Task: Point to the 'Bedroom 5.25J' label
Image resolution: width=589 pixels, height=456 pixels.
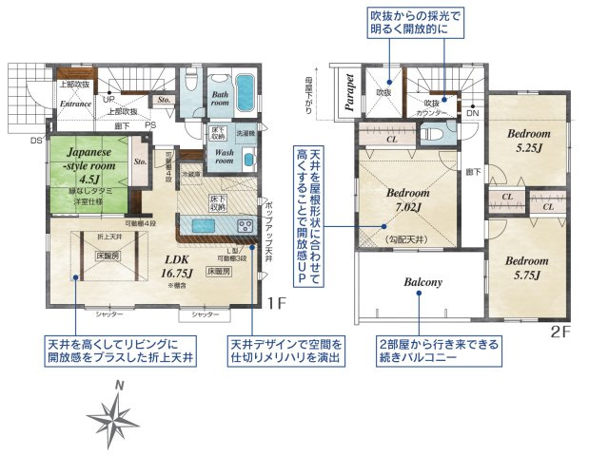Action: (x=523, y=141)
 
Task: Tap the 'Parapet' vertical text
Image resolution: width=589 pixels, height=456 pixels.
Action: (x=350, y=92)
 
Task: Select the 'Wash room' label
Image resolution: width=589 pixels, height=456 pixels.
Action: (x=225, y=157)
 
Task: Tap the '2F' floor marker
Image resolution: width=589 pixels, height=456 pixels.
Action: (x=560, y=332)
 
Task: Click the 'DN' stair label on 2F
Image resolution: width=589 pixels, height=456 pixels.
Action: (x=473, y=111)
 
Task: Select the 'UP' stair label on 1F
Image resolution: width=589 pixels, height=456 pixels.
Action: (x=108, y=99)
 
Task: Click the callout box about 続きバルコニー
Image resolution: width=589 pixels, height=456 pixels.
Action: (x=441, y=351)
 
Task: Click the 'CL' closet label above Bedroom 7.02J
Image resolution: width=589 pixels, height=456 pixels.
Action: (x=392, y=138)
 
